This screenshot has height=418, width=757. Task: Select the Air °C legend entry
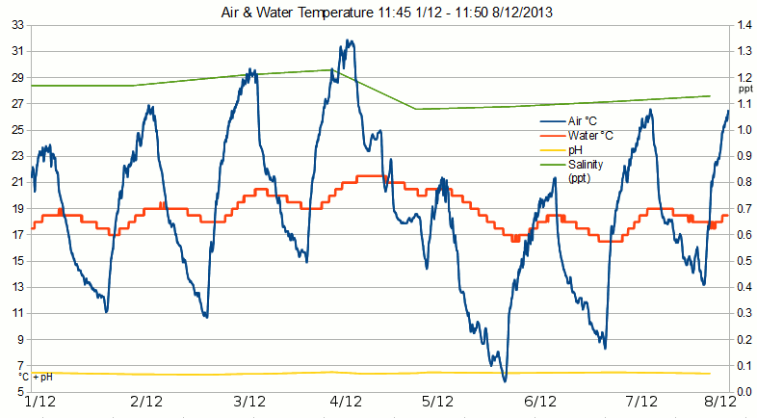click(x=583, y=121)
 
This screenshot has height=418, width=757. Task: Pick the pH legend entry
click(x=574, y=150)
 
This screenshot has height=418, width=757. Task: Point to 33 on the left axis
click(x=17, y=25)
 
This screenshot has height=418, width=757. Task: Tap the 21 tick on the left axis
click(x=17, y=182)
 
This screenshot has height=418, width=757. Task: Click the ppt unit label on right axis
click(x=744, y=89)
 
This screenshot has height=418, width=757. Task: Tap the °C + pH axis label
click(x=35, y=377)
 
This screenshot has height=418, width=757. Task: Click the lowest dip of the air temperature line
click(x=504, y=381)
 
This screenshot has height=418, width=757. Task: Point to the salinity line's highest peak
click(x=331, y=69)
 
